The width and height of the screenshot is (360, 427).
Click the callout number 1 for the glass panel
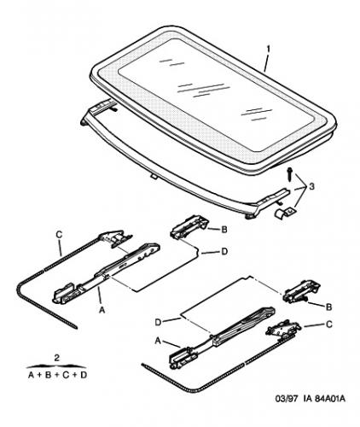tap(269, 50)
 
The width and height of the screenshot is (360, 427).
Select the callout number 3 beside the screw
tap(311, 187)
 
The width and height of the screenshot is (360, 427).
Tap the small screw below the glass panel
tap(289, 174)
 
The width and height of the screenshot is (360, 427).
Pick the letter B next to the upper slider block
tap(224, 230)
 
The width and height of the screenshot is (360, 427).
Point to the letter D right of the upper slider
tap(224, 252)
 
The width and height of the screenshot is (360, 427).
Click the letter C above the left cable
tap(59, 235)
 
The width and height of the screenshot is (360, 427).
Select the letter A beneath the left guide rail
tap(102, 310)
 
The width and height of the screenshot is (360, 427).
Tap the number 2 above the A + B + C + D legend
tap(57, 358)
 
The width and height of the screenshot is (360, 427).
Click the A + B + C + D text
tap(57, 375)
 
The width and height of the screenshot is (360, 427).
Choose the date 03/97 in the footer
tap(287, 399)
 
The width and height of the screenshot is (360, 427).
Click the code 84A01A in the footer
tap(330, 399)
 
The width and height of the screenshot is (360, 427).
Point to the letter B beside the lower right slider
tap(328, 307)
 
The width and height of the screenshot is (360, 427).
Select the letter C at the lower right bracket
tap(328, 325)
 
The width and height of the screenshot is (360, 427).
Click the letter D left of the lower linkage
tap(158, 322)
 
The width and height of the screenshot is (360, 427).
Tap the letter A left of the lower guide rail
tap(158, 341)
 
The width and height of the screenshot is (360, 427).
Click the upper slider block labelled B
tap(189, 226)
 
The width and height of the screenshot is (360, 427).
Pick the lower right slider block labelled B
tap(301, 292)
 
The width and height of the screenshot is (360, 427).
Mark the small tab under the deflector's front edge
tap(154, 177)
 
